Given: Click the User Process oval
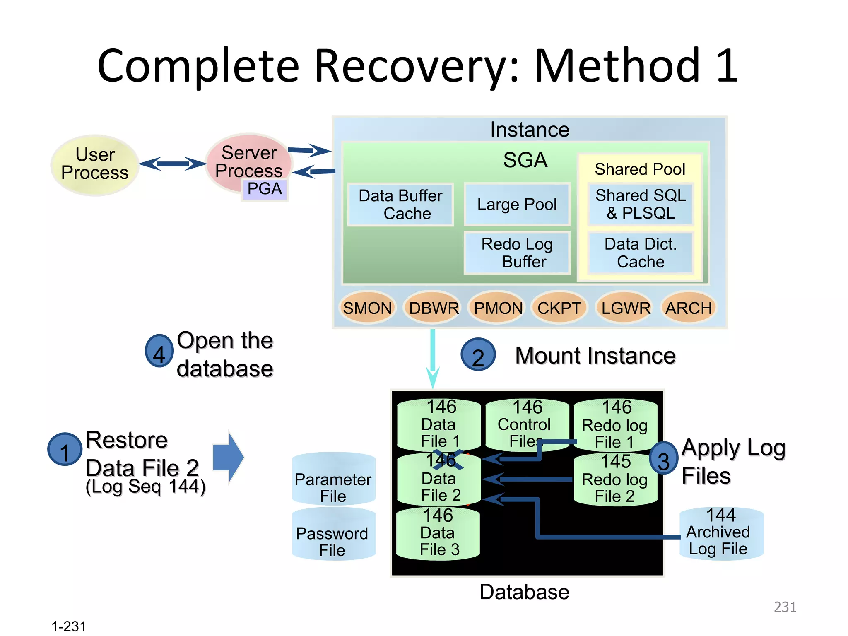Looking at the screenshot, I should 94,165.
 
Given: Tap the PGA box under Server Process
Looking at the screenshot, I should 265,189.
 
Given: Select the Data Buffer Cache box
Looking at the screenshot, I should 400,205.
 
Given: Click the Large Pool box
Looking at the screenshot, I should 517,205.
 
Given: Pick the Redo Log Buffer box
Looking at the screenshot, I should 517,253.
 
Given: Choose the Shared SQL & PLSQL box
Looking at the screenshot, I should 640,205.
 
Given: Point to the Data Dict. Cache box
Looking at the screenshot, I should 640,253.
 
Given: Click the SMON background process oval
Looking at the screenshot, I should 367,308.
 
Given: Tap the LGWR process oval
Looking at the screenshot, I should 625,308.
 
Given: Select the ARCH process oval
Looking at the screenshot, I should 689,308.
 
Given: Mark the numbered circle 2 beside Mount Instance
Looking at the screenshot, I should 478,355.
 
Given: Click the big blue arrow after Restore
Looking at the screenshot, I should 228,457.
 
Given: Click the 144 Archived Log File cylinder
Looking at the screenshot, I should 721,534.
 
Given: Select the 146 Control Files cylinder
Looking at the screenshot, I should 527,425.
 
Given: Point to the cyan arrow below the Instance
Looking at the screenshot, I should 433,358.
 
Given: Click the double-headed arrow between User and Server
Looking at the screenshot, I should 172,164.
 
